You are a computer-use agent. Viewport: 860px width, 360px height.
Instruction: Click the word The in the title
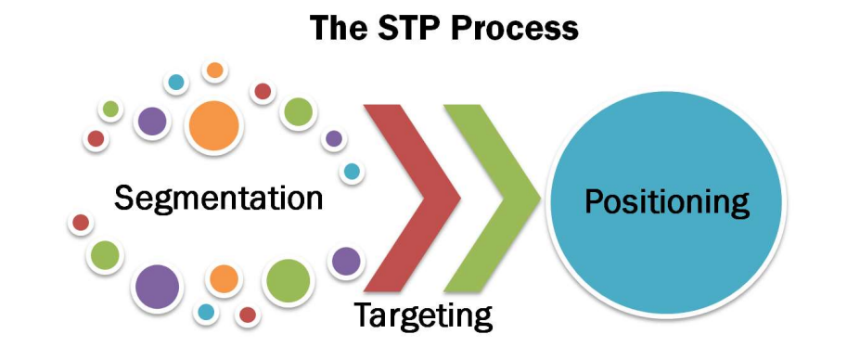pos(335,28)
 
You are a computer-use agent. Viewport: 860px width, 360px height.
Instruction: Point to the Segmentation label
pos(218,198)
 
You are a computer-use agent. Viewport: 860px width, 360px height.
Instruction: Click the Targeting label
pos(423,315)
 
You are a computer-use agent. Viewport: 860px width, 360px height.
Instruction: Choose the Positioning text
pos(667,202)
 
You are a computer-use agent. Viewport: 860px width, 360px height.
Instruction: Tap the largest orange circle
pos(214,125)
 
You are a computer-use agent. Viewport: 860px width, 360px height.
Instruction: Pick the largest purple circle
pos(158,287)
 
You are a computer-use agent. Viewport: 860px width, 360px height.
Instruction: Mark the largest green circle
pos(288,281)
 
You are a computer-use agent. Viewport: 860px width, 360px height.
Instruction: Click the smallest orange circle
pos(215,71)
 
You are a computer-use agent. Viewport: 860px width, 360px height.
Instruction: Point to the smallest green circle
pos(110,109)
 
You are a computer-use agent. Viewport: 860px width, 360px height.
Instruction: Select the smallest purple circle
pos(334,138)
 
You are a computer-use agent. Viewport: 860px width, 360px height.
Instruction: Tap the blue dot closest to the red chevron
pos(353,172)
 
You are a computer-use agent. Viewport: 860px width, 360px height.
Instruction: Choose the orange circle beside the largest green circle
pos(224,278)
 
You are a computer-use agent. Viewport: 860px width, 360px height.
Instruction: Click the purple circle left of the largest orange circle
pos(152,122)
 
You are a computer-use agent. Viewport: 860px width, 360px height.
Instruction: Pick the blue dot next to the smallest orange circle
pos(176,83)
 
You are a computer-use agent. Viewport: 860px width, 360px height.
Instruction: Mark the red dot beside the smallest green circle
pos(96,139)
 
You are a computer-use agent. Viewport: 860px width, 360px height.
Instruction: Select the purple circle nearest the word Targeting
pos(346,262)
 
